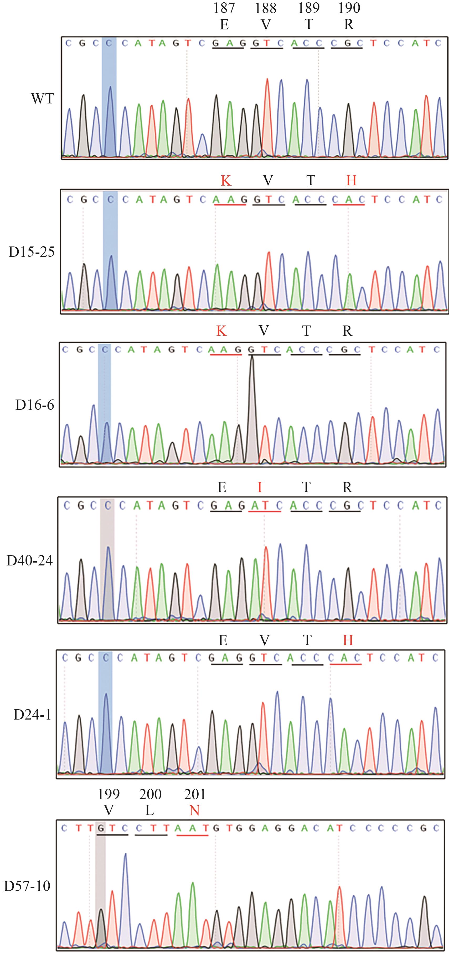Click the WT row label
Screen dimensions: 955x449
point(42,99)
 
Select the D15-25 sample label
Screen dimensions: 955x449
point(32,252)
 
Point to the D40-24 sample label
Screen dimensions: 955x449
point(30,561)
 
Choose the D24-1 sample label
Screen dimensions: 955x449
point(32,715)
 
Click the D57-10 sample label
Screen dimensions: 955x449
point(27,886)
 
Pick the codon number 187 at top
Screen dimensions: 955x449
point(224,8)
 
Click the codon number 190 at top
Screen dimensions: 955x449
point(349,8)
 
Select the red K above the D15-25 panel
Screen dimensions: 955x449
point(226,181)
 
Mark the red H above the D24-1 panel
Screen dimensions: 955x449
point(348,640)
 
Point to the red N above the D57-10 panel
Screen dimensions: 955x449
point(194,811)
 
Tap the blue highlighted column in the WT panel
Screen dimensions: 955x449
point(109,96)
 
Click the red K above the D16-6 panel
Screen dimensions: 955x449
point(221,331)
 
